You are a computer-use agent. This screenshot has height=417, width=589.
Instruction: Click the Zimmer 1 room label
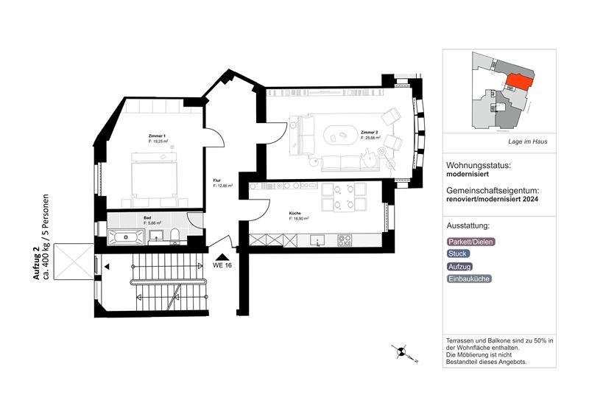click(x=157, y=136)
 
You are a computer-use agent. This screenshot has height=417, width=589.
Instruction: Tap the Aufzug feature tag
click(x=460, y=266)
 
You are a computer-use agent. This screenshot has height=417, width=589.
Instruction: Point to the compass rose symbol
click(x=402, y=353)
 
